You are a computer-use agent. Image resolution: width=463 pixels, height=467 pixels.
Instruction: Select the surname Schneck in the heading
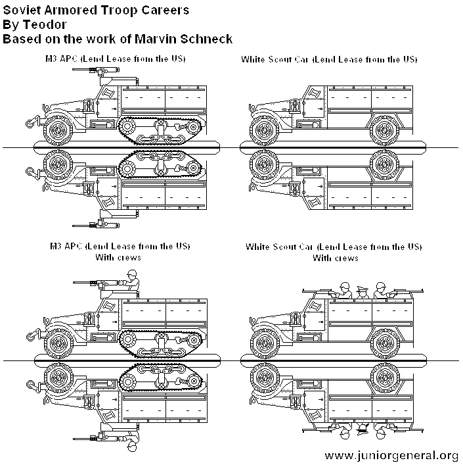tap(204, 39)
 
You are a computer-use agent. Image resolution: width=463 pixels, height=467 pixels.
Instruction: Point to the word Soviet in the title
tap(20, 11)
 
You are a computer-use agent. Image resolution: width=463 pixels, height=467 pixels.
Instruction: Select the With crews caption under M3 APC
tap(119, 257)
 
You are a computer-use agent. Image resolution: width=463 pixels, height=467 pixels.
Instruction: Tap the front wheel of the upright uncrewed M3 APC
tap(56, 129)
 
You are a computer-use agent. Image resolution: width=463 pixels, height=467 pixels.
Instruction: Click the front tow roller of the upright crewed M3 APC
tap(32, 335)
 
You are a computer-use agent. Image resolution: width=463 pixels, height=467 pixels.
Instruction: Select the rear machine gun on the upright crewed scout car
tap(401, 289)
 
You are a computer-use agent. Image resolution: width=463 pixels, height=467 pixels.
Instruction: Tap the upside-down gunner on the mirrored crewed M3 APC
tap(131, 441)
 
